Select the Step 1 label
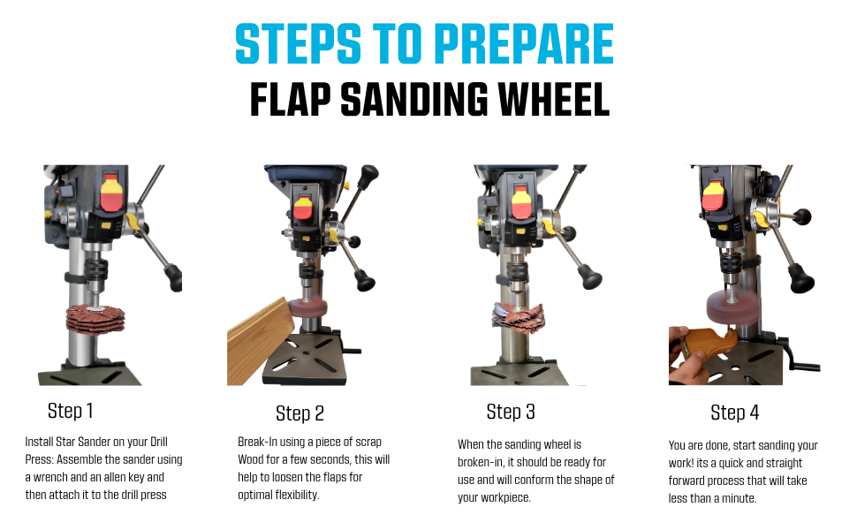click(x=71, y=411)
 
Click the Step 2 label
click(x=300, y=413)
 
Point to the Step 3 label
click(x=511, y=412)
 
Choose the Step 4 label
click(x=734, y=413)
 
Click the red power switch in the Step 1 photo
click(x=111, y=193)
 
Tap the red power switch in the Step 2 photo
click(x=303, y=208)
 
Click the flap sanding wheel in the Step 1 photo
click(x=95, y=319)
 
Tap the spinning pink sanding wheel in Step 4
click(x=732, y=307)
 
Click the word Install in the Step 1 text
click(x=39, y=442)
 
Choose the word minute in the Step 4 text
click(x=739, y=498)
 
